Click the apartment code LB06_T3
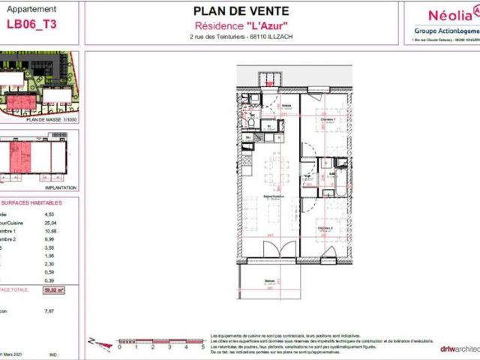pos(31,23)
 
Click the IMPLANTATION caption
pos(60,187)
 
